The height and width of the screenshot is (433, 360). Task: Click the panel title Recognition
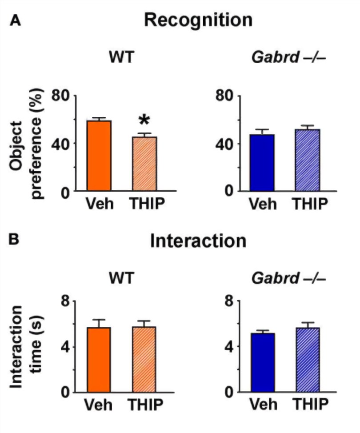coord(198,20)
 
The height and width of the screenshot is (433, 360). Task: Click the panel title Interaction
coord(198,241)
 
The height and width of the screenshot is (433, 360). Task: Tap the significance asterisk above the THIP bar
coord(143,120)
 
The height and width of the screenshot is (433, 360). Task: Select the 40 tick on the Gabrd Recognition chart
coord(224,144)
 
